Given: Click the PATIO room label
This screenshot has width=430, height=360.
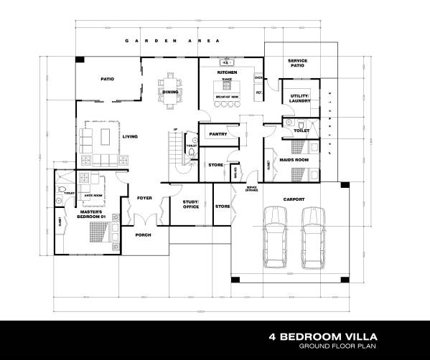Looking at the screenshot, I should coord(108,80).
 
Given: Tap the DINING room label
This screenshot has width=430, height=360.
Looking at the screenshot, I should coord(170,93).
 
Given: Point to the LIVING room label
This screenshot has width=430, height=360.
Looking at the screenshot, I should coord(130,136).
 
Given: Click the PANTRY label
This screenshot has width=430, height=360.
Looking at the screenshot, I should coord(218,134).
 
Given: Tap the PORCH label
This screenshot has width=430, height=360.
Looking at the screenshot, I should coord(143,235).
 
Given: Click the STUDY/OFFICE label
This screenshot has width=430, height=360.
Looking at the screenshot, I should coord(190,204).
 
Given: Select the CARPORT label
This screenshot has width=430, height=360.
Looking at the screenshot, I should coord(294,199).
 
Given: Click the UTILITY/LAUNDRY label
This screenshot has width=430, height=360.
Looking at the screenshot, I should coord(299,99).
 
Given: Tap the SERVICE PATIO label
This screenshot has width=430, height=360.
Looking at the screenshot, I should coord(297,65).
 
